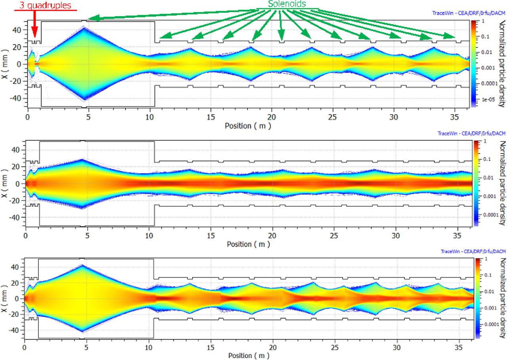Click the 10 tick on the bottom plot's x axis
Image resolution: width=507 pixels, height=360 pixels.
coord(148,346)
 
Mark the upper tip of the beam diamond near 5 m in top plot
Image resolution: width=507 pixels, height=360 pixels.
coord(84,27)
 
